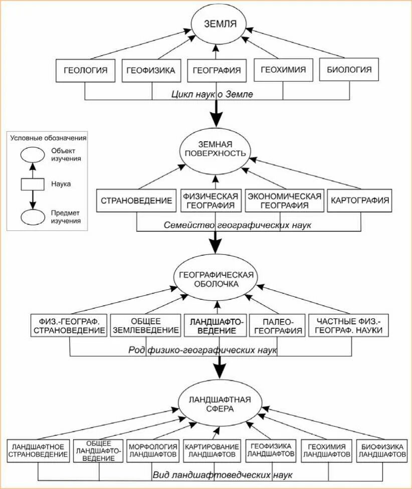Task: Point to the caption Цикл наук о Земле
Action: (212, 94)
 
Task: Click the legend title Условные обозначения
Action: (48, 138)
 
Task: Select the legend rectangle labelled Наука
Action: (33, 184)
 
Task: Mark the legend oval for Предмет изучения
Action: (33, 217)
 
